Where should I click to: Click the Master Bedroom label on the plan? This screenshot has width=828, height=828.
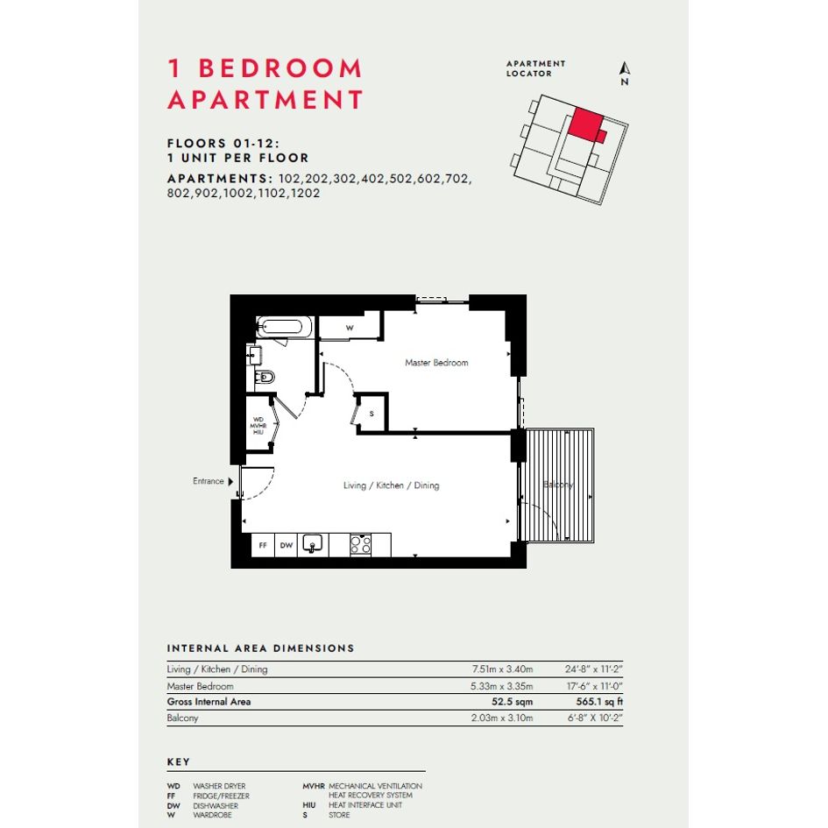(x=436, y=363)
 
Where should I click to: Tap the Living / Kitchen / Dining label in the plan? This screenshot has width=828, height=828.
(x=391, y=485)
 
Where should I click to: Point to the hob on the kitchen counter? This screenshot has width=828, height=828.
(x=361, y=544)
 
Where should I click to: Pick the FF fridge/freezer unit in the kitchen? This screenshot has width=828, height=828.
(x=263, y=545)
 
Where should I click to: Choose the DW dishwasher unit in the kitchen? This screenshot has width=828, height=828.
(x=287, y=545)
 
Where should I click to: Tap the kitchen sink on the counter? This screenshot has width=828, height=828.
(x=313, y=544)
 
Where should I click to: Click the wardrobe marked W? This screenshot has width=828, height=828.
(x=349, y=328)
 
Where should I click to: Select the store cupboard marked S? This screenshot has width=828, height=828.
(x=372, y=414)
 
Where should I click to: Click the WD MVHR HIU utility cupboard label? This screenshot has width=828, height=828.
(x=258, y=426)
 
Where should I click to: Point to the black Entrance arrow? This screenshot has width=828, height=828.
(x=230, y=481)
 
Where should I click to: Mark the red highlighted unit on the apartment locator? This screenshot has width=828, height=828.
(x=587, y=124)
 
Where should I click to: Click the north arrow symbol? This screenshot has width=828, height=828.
(x=625, y=68)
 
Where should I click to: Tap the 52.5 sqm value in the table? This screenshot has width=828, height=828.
(x=512, y=702)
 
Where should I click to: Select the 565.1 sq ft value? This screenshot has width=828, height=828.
(x=599, y=702)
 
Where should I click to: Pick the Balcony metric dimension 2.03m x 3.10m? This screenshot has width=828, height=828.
(x=502, y=718)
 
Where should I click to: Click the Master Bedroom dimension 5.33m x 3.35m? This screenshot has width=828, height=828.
(x=502, y=686)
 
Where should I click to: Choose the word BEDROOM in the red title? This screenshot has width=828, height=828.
(x=280, y=68)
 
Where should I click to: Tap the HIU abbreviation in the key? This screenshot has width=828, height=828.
(x=309, y=805)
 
